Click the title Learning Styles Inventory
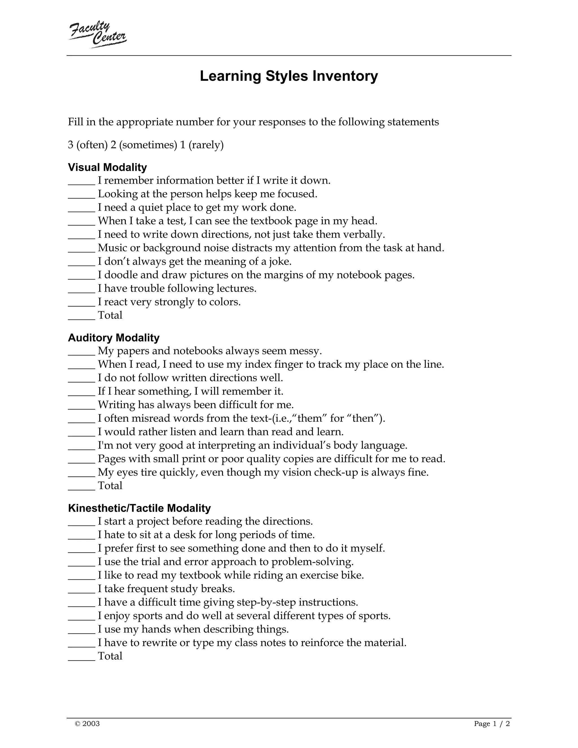289,76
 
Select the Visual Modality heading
107,167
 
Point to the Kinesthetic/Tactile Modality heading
139,508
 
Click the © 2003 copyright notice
87,724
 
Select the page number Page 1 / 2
492,724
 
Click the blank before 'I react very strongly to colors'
82,302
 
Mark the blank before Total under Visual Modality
82,316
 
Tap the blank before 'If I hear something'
82,392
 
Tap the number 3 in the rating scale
71,145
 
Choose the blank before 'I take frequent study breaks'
82,589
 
